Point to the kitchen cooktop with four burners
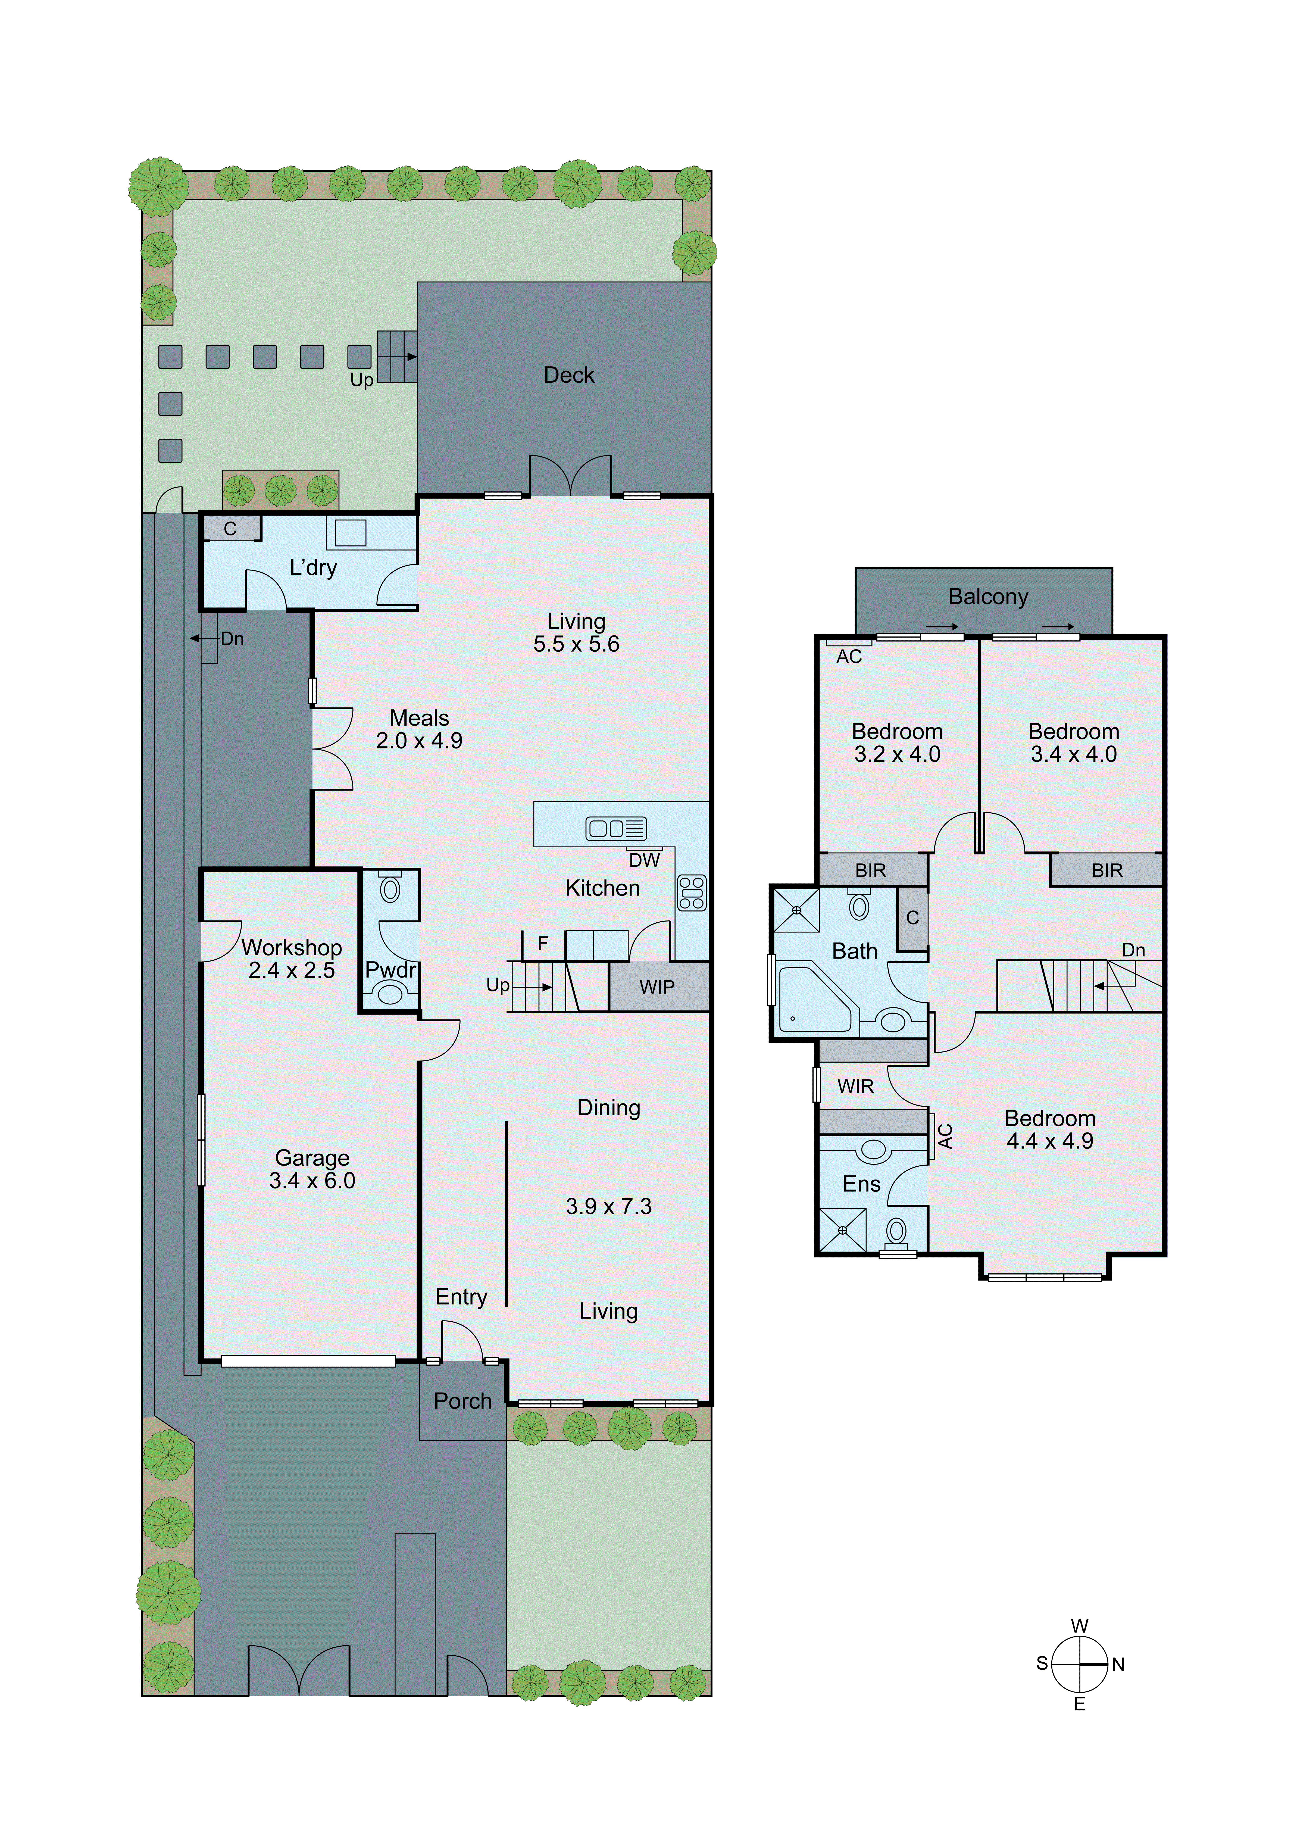point(691,892)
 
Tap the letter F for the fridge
point(542,943)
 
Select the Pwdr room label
point(390,969)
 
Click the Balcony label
point(988,597)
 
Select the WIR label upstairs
point(855,1086)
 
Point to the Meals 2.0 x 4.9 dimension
point(419,740)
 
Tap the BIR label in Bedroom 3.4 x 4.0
point(1106,871)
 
